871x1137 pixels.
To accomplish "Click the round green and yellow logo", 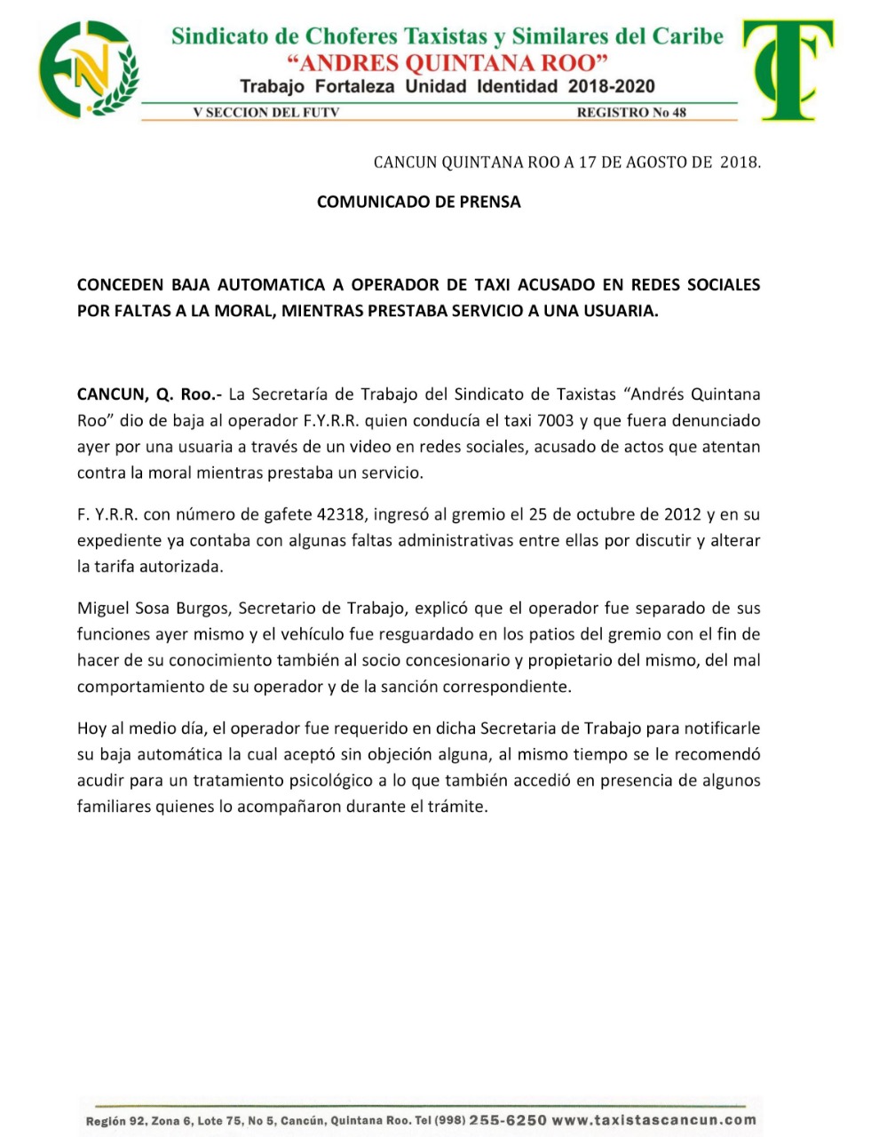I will [88, 68].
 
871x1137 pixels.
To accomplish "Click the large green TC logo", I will [788, 69].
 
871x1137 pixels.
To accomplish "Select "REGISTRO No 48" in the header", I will [631, 113].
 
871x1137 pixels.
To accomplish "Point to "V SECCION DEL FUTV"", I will [266, 113].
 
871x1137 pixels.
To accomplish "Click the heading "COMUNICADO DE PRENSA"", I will [418, 202].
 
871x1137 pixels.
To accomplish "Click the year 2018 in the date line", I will [740, 163].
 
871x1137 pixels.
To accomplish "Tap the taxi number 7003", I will [557, 420].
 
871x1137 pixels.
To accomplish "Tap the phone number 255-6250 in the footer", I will [508, 1120].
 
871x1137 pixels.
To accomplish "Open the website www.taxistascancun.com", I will [654, 1120].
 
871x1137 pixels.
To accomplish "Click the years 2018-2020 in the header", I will [611, 86].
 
